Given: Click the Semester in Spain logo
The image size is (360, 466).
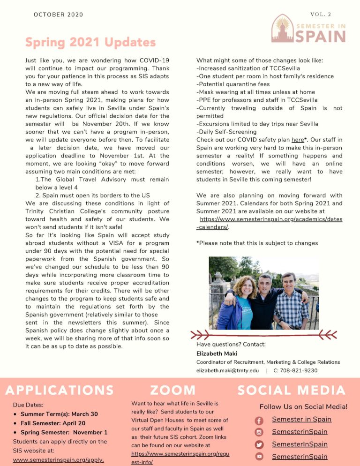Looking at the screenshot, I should pos(308,29).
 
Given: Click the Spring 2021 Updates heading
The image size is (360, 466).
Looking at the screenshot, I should pos(90,43).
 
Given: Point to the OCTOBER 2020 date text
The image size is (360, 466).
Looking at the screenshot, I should pos(58,15).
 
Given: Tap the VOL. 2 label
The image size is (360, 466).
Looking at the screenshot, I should pos(321,15).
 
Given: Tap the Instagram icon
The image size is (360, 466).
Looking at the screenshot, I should pos(259,432).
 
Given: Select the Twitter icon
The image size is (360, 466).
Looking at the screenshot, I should pos(259,444).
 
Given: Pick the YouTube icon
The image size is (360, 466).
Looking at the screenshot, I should pos(259,457).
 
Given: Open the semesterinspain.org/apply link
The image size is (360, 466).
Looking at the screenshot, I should pos(58,459).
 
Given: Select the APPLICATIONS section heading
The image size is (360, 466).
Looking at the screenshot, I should pos(60,390).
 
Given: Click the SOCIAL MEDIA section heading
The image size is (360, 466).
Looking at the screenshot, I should pos(292,390).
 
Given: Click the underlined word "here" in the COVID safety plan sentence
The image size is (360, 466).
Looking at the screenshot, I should pos(298,140).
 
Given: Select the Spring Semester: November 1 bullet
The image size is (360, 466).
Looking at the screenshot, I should pos(64,432).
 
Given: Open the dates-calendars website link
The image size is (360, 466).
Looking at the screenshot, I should pos(270,223).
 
